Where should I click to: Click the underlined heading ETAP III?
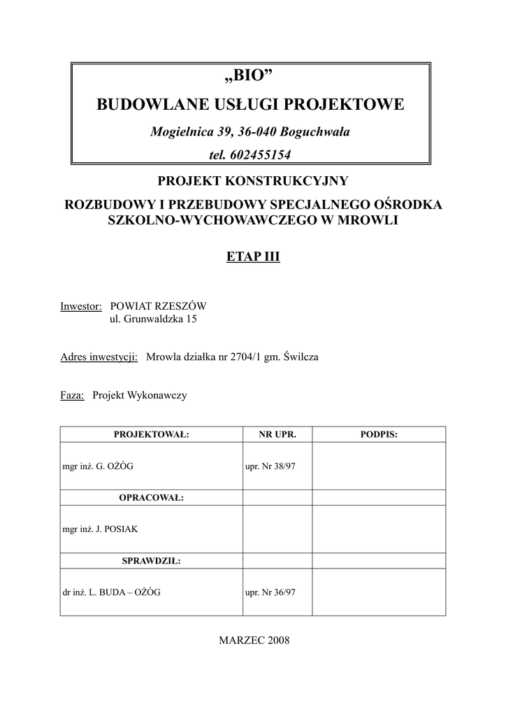coord(253,257)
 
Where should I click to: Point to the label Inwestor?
coord(82,306)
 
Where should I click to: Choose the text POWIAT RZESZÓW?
coord(159,306)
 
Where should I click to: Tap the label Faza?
coord(73,395)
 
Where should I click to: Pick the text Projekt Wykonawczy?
coord(140,395)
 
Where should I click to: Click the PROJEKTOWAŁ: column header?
coord(151,434)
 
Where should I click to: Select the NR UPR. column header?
coord(277,434)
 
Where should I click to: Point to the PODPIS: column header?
coord(379,434)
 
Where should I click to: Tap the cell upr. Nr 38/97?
coord(271,466)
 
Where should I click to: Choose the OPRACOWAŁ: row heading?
coord(151,497)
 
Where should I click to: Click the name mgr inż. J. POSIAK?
coord(101,529)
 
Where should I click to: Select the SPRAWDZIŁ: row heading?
coord(151,561)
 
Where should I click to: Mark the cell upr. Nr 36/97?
coord(271,592)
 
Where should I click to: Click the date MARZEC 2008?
coord(254,640)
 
